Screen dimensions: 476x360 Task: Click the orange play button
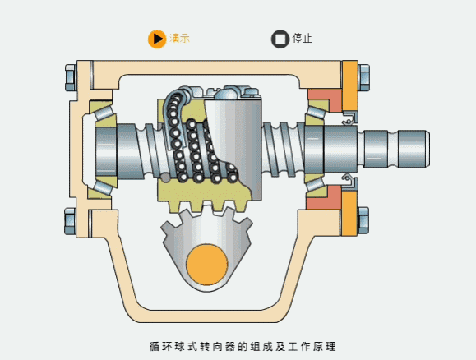(157, 39)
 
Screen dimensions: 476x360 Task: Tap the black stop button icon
(280, 39)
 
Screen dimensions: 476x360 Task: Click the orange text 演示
(180, 39)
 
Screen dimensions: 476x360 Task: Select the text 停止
(303, 39)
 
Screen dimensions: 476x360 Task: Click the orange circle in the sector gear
(207, 265)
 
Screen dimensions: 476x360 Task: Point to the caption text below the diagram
(243, 346)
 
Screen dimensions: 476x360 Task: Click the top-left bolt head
(70, 78)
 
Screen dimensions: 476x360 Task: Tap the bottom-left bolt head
(70, 221)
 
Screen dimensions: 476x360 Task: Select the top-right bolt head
(363, 78)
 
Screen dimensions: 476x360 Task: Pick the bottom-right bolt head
(363, 220)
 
